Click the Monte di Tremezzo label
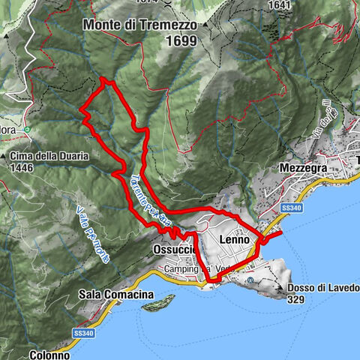[x=140, y=25]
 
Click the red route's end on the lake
[x=281, y=234]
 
